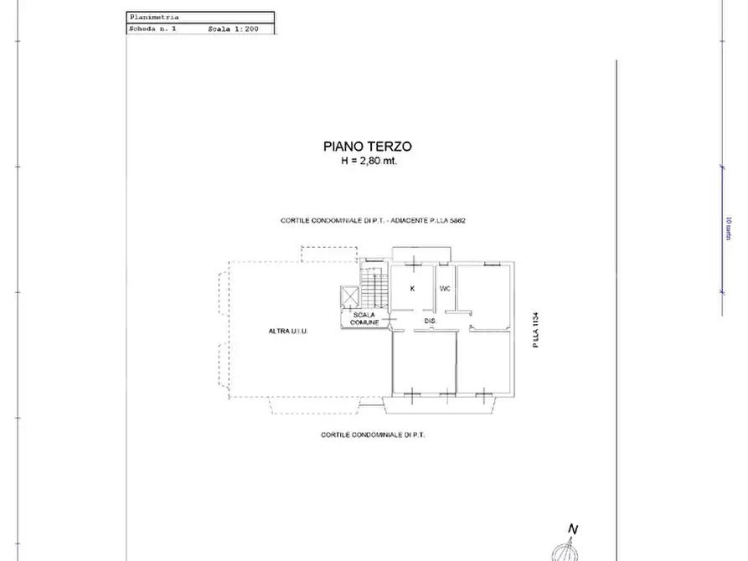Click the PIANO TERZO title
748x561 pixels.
tap(368, 146)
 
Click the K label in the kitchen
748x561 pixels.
tap(412, 288)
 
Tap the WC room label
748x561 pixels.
tap(445, 288)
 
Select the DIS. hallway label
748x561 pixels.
tap(431, 321)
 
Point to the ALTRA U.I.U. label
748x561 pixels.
tap(288, 332)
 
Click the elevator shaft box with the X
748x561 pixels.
tap(349, 297)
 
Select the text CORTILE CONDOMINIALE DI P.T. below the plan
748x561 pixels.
tap(374, 435)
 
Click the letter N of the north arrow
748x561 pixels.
tap(573, 529)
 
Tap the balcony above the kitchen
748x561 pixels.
tap(422, 254)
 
